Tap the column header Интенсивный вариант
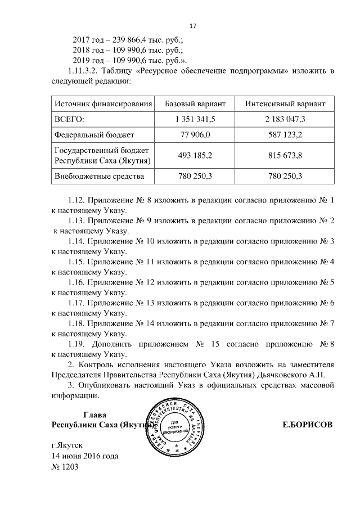click(286, 105)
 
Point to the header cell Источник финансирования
click(103, 105)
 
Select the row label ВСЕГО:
click(69, 119)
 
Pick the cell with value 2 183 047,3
click(286, 119)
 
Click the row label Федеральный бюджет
click(93, 134)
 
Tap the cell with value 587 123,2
click(286, 134)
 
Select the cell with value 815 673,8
click(286, 155)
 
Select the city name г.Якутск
click(66, 445)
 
